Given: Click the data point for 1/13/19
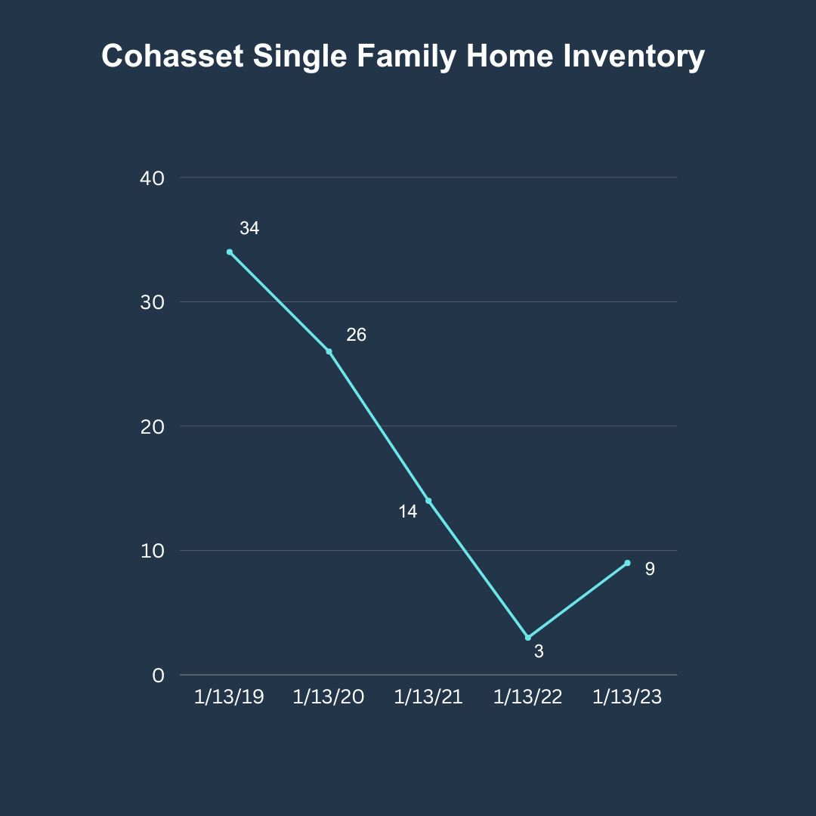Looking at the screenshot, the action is pos(230,252).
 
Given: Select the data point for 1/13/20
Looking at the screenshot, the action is pos(329,351).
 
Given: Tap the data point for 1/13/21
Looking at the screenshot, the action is pos(428,501).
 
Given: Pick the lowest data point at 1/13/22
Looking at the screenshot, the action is pos(527,638).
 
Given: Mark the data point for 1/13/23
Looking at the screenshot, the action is pos(627,563).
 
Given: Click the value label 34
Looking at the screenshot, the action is pos(249,228).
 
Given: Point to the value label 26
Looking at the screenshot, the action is pos(357,335).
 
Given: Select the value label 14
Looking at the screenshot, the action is pos(408,512).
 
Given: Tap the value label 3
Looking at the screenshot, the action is pos(539,651).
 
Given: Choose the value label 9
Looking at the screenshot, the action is pos(650,569).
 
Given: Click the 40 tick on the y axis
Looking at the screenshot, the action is pos(152,178).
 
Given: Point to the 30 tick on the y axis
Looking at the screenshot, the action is pos(152,302).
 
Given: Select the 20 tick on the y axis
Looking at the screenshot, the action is pos(152,427).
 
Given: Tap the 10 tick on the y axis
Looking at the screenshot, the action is pos(152,551).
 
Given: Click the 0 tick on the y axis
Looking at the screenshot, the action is pos(158,675).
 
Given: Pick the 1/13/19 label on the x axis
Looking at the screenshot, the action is pos(229,697).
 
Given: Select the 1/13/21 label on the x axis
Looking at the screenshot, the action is pos(428,697).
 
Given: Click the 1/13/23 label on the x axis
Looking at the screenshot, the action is pos(627,697).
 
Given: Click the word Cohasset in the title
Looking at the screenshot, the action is pos(172,56).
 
